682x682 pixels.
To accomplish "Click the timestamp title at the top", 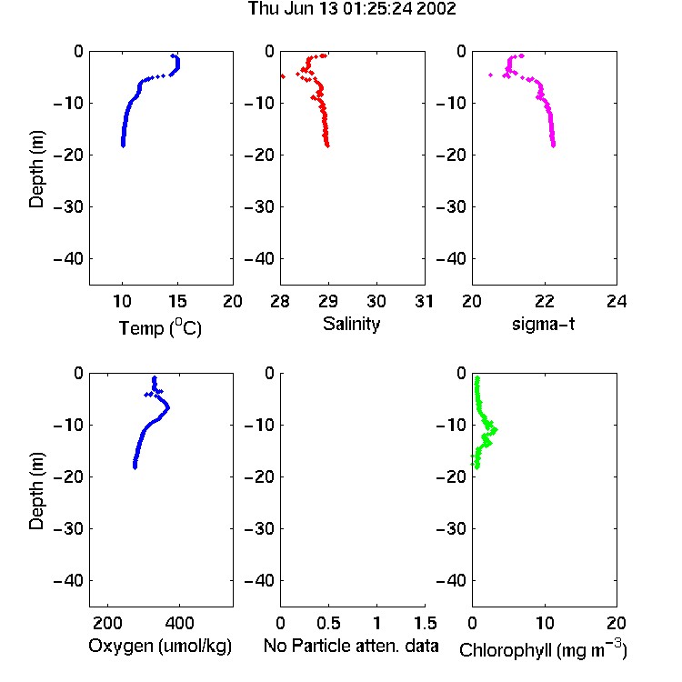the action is [352, 8].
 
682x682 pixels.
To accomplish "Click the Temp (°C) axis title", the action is [160, 327].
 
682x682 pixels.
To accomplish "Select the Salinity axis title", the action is [351, 324].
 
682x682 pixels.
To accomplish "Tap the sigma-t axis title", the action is [543, 324].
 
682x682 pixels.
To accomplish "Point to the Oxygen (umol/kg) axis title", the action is [160, 646].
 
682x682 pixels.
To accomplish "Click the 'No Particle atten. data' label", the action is [351, 646].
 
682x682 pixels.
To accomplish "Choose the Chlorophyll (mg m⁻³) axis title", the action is [543, 649].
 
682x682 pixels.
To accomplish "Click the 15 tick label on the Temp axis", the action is [177, 301].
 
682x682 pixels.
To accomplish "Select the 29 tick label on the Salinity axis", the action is [328, 301].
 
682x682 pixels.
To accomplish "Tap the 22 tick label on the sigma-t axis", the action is [545, 301].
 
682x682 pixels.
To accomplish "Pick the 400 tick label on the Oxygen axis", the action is [180, 623].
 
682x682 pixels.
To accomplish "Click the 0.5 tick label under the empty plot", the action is [328, 623].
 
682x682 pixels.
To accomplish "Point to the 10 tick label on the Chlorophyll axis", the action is [545, 623].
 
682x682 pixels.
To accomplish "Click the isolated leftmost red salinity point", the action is [283, 76].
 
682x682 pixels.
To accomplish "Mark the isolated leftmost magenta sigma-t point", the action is [491, 75].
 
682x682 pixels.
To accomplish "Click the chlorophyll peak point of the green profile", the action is [495, 430].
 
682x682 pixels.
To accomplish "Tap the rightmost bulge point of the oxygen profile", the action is [167, 407].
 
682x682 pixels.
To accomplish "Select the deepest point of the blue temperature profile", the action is [123, 145].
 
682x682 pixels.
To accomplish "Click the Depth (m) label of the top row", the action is [36, 169].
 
